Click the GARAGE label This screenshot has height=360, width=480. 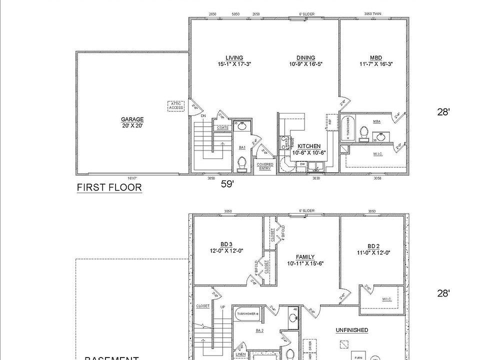pos(132,119)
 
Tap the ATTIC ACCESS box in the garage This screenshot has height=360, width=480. pos(176,106)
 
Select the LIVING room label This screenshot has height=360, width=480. pos(234,58)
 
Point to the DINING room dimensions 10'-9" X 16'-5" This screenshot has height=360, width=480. pos(305,64)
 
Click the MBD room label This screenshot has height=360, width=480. pos(376,58)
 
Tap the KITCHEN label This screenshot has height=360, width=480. pos(309,146)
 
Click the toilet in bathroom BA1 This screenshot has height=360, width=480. pos(242,163)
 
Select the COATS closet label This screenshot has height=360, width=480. pos(222,127)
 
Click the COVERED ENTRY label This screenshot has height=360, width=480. pos(265,166)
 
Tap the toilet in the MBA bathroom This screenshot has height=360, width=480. pos(364,133)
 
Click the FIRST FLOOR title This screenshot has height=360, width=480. pos(109,187)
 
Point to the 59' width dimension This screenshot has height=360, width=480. pos(228,184)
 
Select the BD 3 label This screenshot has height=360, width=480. pos(227,244)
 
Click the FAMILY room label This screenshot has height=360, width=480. pos(304,257)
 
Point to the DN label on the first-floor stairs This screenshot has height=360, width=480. pos(203,116)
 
